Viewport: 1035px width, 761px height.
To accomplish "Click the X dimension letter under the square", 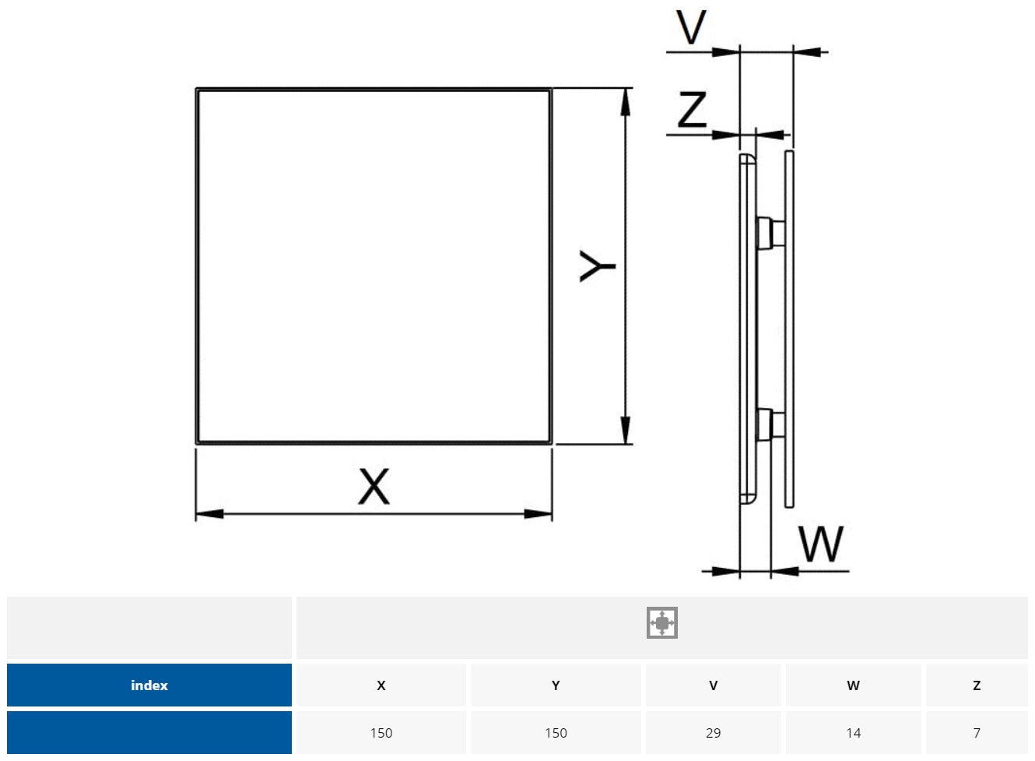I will point(374,487).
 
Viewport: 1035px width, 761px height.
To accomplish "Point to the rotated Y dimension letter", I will point(598,266).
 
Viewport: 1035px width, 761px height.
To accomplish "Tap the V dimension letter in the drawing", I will point(690,28).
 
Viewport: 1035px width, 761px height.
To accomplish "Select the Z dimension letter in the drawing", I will point(692,110).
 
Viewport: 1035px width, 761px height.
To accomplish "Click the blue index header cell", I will point(149,685).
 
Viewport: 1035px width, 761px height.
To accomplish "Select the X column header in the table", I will point(381,685).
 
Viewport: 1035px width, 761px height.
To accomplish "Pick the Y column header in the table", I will point(556,685).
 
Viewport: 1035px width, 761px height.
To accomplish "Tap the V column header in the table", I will point(713,685).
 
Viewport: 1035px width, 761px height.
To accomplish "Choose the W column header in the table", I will point(853,685).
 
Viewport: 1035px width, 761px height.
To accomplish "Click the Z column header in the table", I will point(977,685).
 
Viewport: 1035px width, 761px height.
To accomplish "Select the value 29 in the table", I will point(713,733).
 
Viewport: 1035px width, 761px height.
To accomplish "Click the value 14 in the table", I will point(853,733).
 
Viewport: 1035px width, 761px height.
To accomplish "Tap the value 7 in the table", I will point(977,733).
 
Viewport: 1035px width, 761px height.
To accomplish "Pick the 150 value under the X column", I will point(381,733).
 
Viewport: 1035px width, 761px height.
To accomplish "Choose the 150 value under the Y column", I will point(556,733).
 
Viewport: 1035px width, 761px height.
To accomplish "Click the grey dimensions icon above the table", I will point(662,623).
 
